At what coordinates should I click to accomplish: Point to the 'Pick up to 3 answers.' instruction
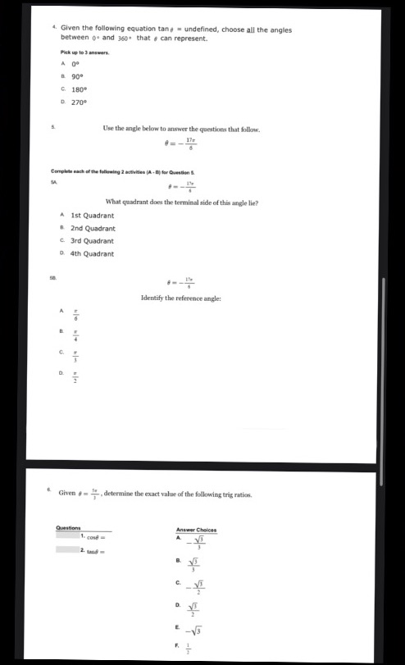[x=80, y=52]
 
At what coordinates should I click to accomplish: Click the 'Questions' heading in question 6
[x=68, y=527]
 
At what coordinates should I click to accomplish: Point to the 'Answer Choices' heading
[x=196, y=530]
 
